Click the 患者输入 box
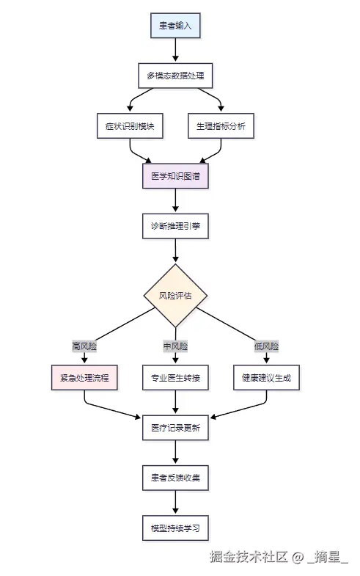tap(175, 26)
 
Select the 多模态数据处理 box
tap(175, 76)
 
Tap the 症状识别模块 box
tap(130, 126)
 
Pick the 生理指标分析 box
tap(221, 126)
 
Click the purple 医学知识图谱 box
tap(175, 176)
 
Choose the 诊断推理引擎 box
tap(175, 226)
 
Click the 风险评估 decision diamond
tap(175, 296)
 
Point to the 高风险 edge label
tap(84, 346)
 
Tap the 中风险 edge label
tap(175, 346)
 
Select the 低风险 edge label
tap(266, 346)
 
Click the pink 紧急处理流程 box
tap(84, 378)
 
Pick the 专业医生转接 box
tap(175, 378)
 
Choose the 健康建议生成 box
tap(266, 378)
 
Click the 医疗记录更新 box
tap(175, 428)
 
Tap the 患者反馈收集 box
tap(175, 478)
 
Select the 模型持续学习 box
tap(175, 528)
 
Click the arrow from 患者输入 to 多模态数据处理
tap(175, 50)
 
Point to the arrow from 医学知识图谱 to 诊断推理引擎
tap(175, 200)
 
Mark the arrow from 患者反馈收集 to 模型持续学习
tap(175, 502)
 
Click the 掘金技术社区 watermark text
tap(249, 556)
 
